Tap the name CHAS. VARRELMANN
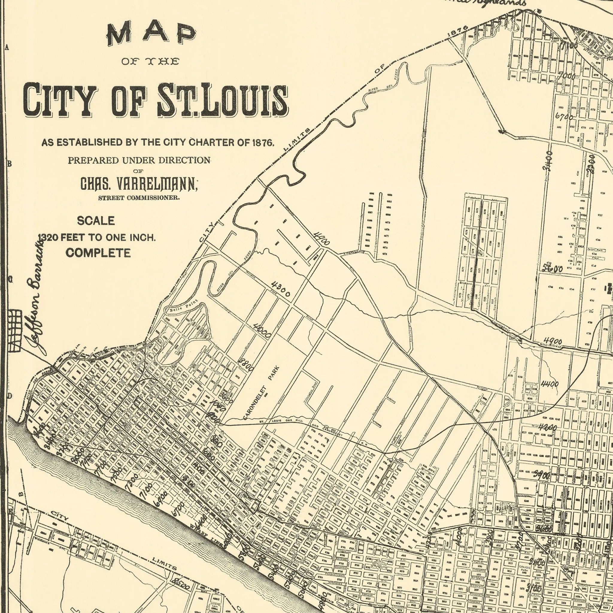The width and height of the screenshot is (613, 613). pos(139,184)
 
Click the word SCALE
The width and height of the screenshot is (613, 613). pos(96,221)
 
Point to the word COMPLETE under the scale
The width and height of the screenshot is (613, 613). pos(98,253)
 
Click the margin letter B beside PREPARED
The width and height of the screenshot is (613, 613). pos(10,164)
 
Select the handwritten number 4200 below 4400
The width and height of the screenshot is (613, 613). pos(548,428)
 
